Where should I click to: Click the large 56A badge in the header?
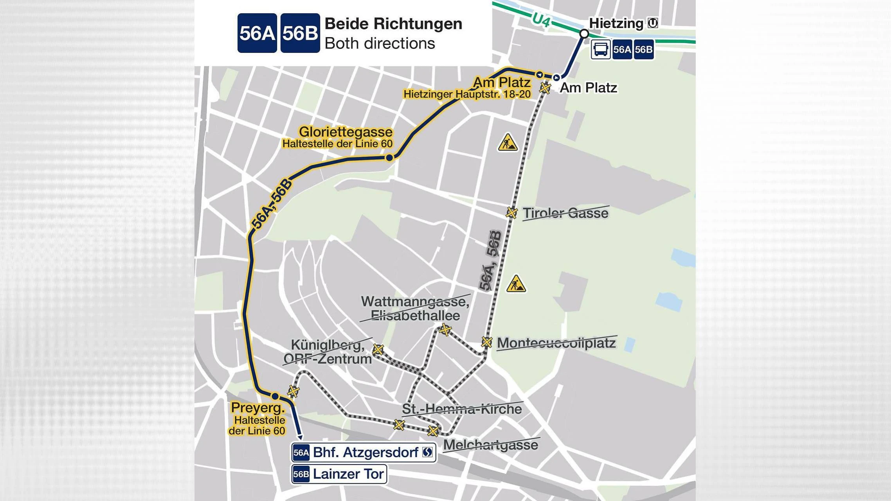[x=257, y=33]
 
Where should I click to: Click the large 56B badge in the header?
[x=300, y=33]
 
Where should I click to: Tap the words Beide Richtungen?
[x=393, y=24]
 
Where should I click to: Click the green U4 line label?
[x=541, y=20]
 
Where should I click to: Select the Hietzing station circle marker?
[x=584, y=34]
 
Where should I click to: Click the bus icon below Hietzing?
[x=601, y=50]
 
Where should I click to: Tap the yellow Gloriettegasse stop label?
[x=345, y=132]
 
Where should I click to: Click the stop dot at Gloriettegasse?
[x=389, y=158]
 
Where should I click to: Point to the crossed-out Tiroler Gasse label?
[x=565, y=213]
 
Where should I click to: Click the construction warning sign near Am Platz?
[x=508, y=142]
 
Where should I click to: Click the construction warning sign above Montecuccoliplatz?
[x=516, y=284]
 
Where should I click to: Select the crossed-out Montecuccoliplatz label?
[x=556, y=343]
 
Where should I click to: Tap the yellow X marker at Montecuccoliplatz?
[x=486, y=342]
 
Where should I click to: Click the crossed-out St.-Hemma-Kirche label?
[x=462, y=409]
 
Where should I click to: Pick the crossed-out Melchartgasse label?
[x=490, y=445]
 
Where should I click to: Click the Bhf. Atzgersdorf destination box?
[x=364, y=453]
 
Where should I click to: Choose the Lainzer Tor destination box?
[x=339, y=474]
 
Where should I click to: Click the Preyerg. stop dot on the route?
[x=275, y=396]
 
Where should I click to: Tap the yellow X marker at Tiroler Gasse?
[x=511, y=213]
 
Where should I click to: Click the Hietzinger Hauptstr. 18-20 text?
[x=467, y=94]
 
